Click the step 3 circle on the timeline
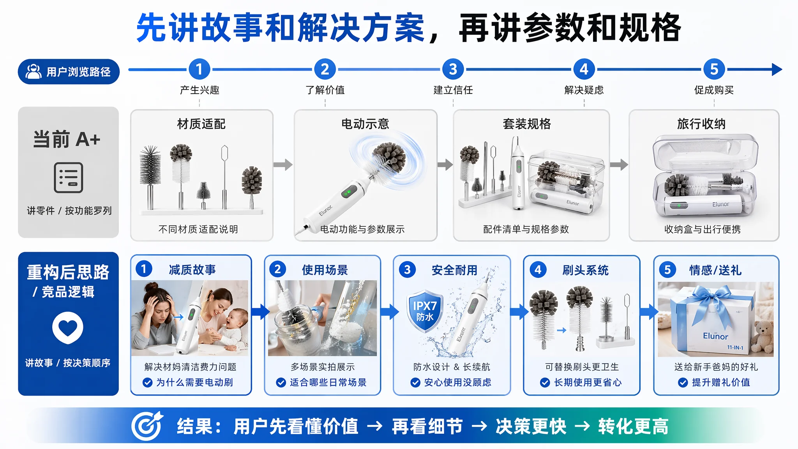(453, 69)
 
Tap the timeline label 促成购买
(714, 90)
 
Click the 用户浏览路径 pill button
(69, 72)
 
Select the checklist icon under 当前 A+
(69, 178)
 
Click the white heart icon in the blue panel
(68, 328)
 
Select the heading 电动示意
(365, 124)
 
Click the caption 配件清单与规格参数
(526, 229)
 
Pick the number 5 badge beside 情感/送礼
(667, 270)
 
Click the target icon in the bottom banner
(147, 426)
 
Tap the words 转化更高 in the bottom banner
(633, 426)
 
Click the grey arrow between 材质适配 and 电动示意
(283, 164)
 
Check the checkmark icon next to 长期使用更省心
(545, 383)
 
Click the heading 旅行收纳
(701, 124)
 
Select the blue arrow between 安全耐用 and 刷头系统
(519, 311)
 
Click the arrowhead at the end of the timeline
(777, 70)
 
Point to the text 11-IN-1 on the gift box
(735, 348)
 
